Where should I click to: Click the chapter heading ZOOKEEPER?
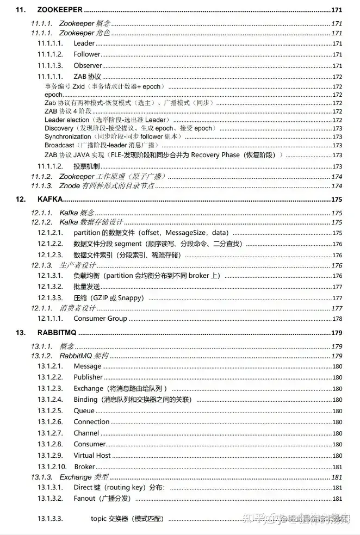60,9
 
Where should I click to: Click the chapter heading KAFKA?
50,199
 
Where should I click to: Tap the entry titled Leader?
84,43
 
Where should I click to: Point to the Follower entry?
87,54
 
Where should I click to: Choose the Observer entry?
88,65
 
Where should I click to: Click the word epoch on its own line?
53,95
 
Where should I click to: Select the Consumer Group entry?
100,319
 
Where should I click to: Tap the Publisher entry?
88,377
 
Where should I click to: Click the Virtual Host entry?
92,456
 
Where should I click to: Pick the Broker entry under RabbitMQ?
84,467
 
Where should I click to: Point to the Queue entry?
84,411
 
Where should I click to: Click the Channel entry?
86,433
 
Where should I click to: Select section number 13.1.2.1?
51,366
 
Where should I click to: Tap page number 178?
337,319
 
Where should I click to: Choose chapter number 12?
21,199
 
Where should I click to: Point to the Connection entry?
91,422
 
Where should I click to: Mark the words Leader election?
67,120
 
